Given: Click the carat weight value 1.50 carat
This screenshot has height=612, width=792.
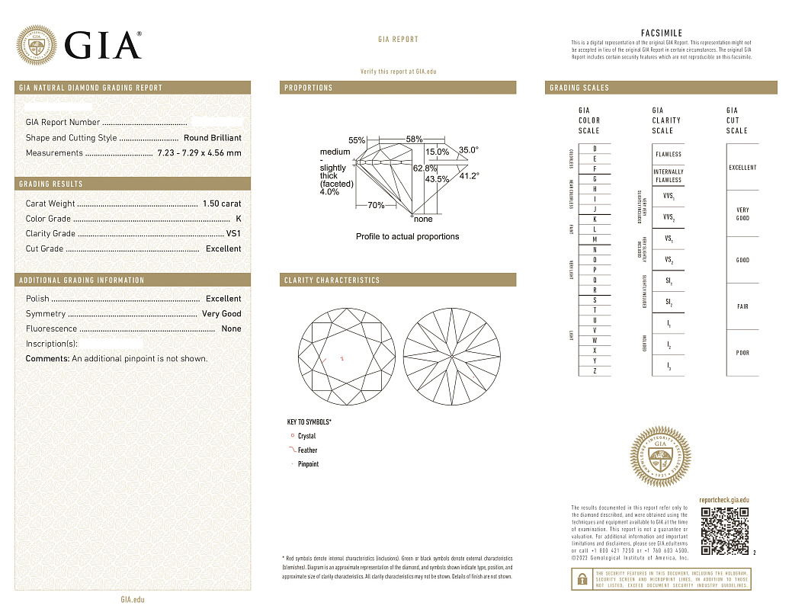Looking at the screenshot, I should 221,203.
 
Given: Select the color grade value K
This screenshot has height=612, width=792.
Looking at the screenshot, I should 239,219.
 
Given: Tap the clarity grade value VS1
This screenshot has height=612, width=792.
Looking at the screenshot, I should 233,234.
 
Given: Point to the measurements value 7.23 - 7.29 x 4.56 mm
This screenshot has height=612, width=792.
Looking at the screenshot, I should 199,153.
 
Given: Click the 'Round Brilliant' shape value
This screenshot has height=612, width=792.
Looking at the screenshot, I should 213,138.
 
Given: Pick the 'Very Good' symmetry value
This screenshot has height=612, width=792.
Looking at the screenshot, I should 221,314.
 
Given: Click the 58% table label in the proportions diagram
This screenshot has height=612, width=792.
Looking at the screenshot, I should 414,139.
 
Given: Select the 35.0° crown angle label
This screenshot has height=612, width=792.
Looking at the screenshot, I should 468,150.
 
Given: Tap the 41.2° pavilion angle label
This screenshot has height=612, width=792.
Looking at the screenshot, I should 469,176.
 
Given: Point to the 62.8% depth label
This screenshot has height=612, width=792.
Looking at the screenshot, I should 425,168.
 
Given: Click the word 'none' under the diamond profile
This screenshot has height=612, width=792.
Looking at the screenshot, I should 423,219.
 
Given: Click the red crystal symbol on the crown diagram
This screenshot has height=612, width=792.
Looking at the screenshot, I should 342,358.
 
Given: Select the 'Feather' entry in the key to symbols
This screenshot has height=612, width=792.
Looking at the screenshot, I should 307,450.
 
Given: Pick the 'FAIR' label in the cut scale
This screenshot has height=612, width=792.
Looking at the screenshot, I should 742,306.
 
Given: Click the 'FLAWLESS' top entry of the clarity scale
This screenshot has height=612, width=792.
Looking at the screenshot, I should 669,154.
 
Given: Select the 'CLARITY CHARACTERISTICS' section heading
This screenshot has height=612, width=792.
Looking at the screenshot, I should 332,280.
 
